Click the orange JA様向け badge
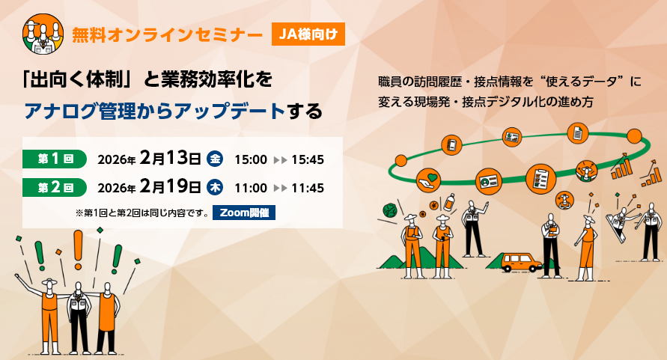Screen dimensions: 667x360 [308, 34]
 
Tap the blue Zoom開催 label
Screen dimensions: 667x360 [244, 213]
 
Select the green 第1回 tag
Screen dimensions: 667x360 [55, 159]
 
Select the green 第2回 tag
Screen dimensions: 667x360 [55, 188]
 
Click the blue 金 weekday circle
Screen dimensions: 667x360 [215, 159]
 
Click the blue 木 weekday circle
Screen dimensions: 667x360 [215, 188]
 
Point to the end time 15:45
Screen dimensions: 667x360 [308, 160]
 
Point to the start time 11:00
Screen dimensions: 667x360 [251, 188]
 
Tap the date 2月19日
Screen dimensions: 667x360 [170, 186]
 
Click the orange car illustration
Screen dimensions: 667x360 [520, 262]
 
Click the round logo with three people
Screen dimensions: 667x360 [43, 34]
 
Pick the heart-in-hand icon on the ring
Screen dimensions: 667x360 [428, 180]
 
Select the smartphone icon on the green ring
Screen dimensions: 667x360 [451, 144]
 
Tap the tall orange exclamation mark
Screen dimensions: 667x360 [78, 250]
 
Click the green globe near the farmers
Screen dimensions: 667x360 [390, 210]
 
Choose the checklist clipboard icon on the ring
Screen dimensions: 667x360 [540, 179]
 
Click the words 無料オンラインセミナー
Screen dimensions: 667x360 [167, 35]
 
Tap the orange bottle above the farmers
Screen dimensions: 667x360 [448, 202]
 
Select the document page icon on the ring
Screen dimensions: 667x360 [578, 134]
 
